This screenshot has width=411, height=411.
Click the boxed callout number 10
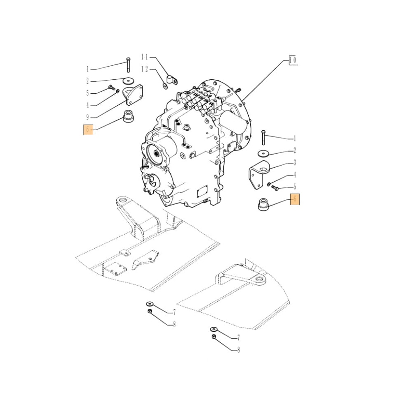[x=293, y=60]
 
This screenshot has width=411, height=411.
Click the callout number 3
[x=294, y=163]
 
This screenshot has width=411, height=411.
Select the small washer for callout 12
[x=165, y=86]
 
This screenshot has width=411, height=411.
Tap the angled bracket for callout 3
[x=257, y=175]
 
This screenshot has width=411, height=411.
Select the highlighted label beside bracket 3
[x=295, y=199]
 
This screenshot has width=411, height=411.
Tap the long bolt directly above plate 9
[x=128, y=65]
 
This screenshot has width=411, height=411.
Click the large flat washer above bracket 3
[x=263, y=154]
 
